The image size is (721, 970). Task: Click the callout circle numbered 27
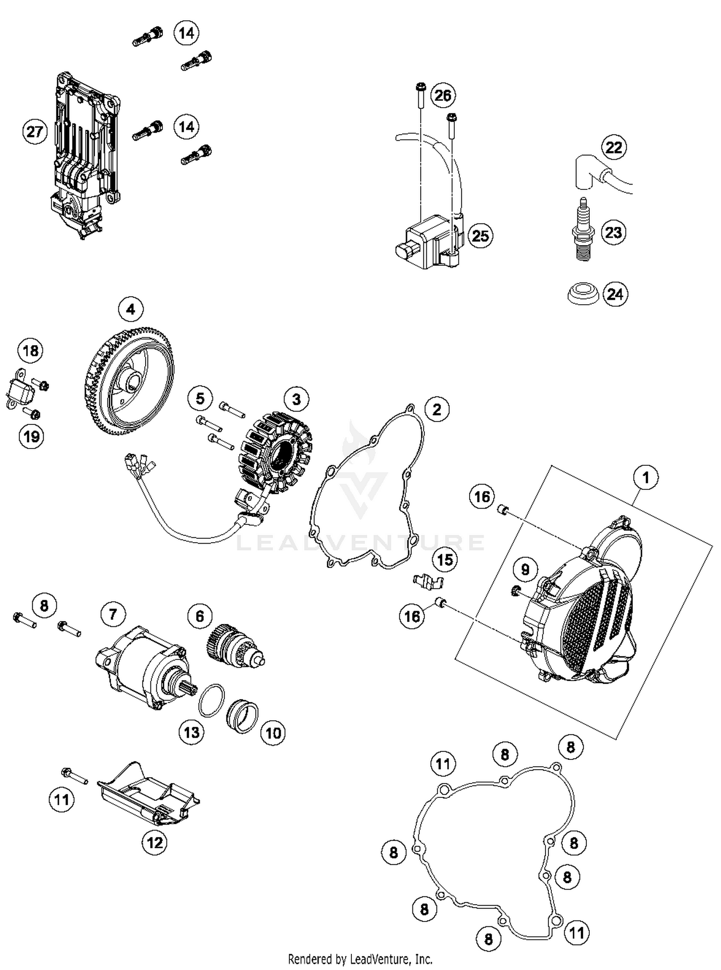click(35, 131)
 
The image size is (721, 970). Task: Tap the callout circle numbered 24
click(615, 294)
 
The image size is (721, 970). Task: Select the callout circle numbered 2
click(436, 410)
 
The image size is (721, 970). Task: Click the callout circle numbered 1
click(646, 478)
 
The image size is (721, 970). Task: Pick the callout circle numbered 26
click(443, 96)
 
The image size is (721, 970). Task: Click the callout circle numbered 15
click(445, 560)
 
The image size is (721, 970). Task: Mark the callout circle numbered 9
click(525, 570)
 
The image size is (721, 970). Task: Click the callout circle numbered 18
click(31, 350)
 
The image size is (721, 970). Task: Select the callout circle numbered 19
click(31, 436)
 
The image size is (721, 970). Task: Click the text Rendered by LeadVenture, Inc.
click(360, 959)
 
